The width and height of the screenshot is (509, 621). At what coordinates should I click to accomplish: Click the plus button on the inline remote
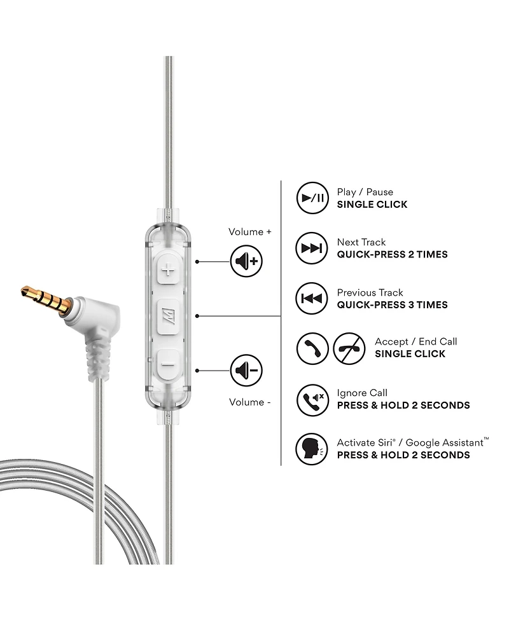[169, 271]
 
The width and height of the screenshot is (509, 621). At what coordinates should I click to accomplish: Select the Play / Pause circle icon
[312, 198]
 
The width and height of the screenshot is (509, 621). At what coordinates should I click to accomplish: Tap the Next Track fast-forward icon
[312, 248]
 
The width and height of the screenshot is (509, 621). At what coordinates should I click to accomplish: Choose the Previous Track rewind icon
[312, 298]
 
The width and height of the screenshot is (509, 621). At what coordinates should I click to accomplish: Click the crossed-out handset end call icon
[349, 348]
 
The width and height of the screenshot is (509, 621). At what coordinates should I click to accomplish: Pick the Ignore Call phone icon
[312, 400]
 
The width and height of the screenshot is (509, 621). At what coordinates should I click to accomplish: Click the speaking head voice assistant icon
[312, 449]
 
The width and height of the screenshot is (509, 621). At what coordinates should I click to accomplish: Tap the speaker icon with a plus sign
[246, 261]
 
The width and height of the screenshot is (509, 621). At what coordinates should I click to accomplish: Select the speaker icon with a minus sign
[246, 370]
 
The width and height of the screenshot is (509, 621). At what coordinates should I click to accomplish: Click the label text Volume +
[250, 232]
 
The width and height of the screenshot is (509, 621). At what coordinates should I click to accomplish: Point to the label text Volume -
[250, 402]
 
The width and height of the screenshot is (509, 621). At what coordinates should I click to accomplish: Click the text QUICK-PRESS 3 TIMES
[392, 305]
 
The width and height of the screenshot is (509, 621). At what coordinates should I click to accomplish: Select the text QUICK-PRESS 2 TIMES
[392, 255]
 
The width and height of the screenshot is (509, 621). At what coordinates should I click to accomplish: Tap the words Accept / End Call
[415, 342]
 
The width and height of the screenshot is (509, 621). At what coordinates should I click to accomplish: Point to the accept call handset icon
[312, 348]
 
